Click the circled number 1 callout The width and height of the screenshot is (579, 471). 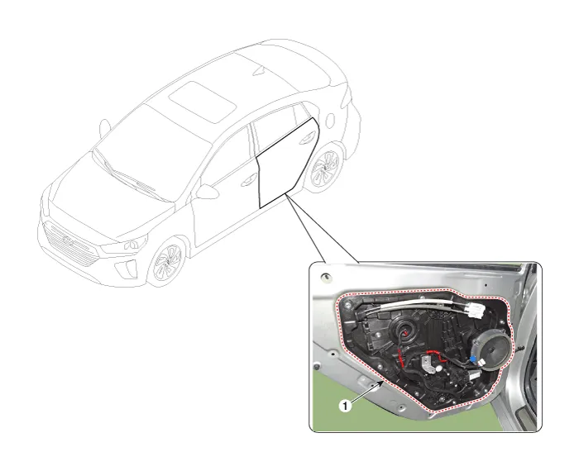coord(345,406)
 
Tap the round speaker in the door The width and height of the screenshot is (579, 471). coord(492,350)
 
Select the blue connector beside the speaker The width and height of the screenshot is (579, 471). coord(473,359)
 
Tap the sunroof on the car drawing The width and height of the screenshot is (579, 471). coord(203,102)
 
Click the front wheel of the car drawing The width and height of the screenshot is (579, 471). coord(167,262)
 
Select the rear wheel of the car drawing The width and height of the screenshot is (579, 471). coord(324,169)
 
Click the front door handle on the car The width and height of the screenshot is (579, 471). coord(248,181)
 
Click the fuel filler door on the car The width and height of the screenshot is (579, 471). coord(330,120)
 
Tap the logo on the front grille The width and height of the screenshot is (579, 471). coord(69,240)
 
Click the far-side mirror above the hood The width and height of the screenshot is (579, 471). coord(104,128)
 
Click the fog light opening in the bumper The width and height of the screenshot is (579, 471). coord(127,269)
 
